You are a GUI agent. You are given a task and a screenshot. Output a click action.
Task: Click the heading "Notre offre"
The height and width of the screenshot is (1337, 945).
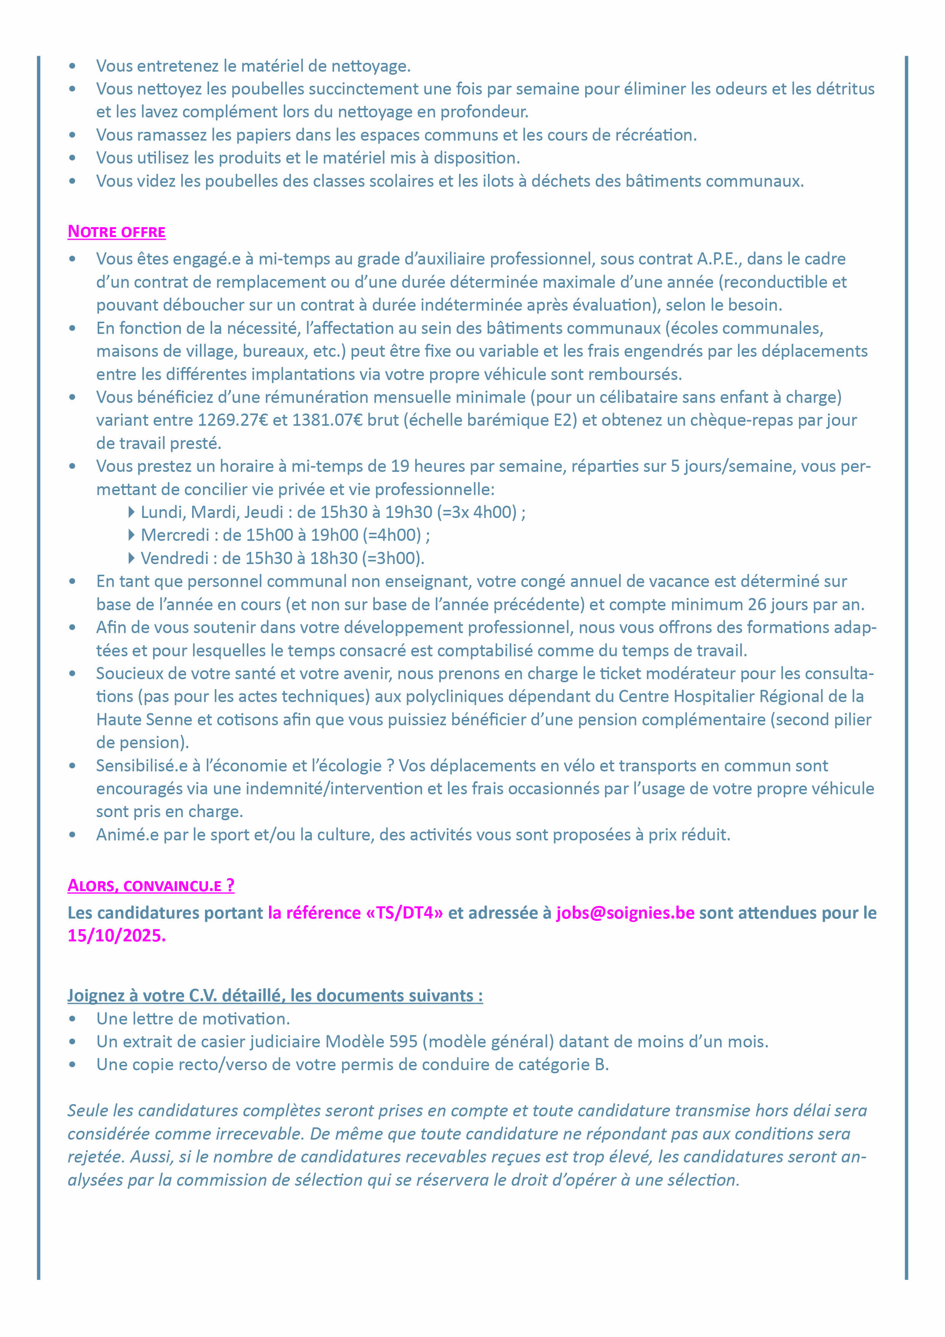pos(117,232)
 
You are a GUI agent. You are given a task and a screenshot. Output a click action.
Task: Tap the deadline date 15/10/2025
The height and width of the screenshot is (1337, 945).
pos(117,936)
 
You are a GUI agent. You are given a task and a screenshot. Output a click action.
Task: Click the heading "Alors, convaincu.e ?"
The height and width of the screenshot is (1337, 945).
pos(151,886)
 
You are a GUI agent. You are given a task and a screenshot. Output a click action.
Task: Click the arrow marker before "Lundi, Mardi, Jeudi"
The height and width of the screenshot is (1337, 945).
pos(131,513)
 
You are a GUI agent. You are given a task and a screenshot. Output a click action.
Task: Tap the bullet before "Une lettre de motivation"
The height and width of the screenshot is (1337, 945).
pos(72,1019)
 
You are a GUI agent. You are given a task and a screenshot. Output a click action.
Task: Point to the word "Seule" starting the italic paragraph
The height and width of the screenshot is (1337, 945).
pos(87,1111)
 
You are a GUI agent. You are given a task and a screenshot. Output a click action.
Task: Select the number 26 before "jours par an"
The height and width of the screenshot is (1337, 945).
pos(757,604)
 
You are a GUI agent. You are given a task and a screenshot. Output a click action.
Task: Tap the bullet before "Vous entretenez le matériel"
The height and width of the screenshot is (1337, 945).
pos(72,66)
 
